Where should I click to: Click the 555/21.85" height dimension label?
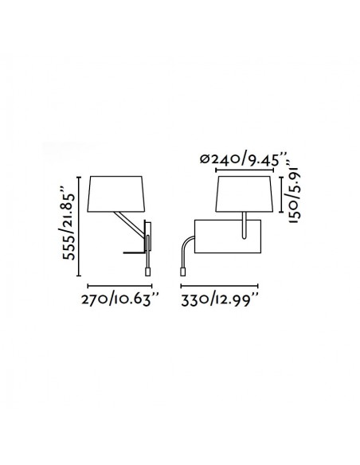point(68,223)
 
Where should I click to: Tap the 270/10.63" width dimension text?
point(120,299)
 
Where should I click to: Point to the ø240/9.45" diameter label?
point(244,159)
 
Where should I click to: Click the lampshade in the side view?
point(116,194)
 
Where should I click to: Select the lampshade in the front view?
point(244,194)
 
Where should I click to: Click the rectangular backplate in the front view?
point(228,236)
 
